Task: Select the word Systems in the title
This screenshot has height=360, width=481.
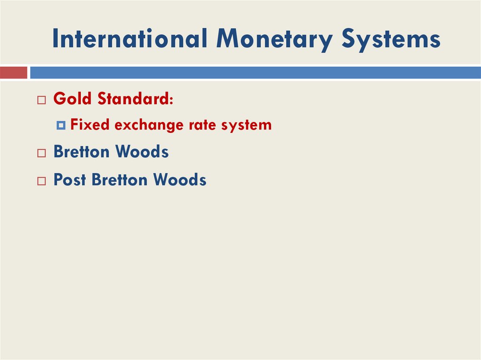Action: click(x=391, y=40)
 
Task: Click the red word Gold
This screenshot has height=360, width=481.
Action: click(x=73, y=99)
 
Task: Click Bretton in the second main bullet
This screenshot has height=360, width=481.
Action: click(x=82, y=152)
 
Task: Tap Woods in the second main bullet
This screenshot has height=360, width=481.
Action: click(x=142, y=152)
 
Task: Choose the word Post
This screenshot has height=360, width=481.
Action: click(x=70, y=179)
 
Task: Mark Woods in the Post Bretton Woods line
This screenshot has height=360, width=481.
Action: click(x=180, y=179)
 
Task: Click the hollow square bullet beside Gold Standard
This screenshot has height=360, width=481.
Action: click(x=42, y=100)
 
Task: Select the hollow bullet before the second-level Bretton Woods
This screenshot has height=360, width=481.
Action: click(x=42, y=153)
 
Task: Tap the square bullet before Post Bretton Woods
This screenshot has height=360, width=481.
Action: click(x=42, y=181)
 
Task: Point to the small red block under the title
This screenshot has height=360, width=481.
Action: click(x=13, y=73)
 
